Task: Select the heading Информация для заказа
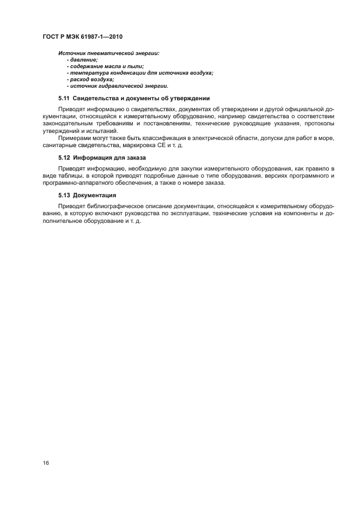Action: click(106, 157)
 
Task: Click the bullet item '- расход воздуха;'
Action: click(90, 79)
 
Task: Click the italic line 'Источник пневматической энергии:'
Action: click(108, 52)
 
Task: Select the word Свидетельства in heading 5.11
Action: click(96, 99)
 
